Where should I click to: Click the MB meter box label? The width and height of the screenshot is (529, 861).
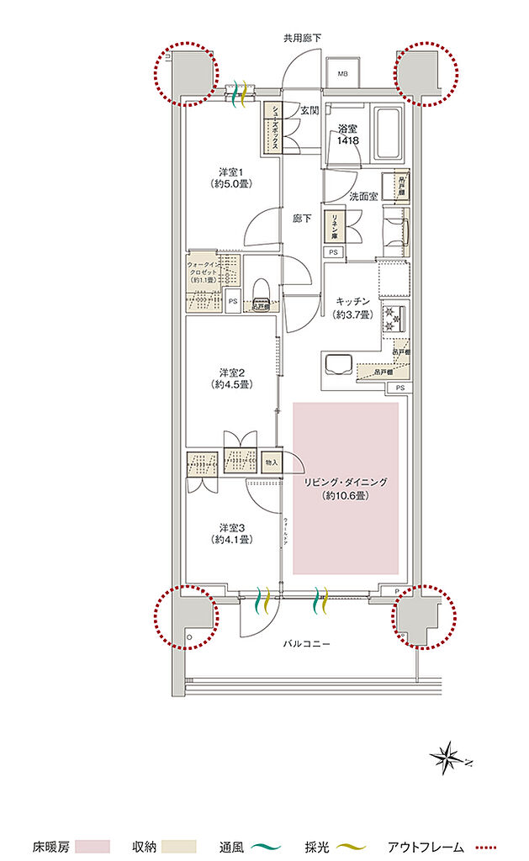pyautogui.click(x=342, y=74)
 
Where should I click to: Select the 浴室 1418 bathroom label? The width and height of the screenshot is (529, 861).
pyautogui.click(x=348, y=135)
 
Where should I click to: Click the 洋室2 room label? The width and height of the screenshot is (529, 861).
pyautogui.click(x=231, y=378)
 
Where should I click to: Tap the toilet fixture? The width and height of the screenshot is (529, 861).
pyautogui.click(x=260, y=291)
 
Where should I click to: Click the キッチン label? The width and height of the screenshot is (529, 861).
pyautogui.click(x=352, y=308)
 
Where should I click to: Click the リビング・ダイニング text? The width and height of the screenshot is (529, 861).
pyautogui.click(x=346, y=483)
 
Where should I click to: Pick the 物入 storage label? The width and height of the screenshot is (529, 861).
pyautogui.click(x=272, y=462)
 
